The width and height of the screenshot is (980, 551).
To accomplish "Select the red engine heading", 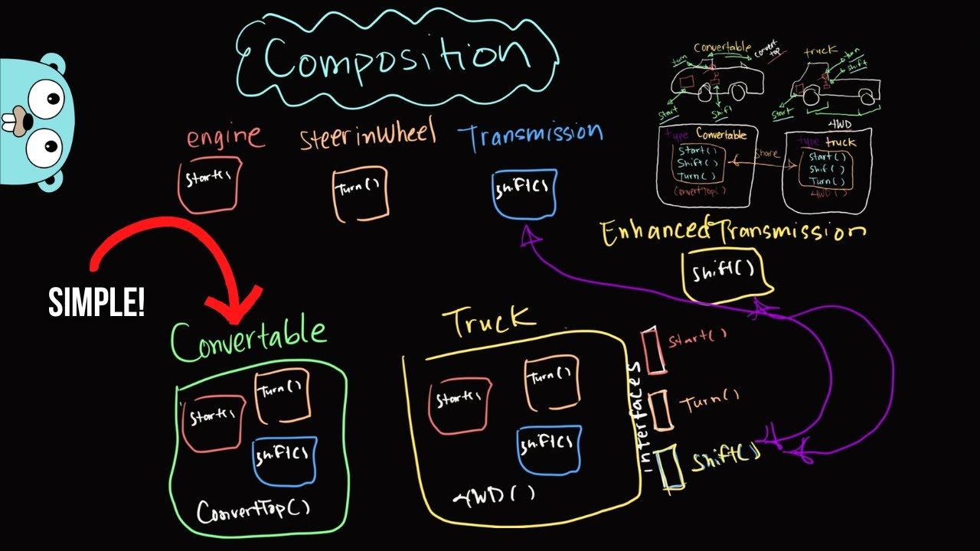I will click(x=224, y=138).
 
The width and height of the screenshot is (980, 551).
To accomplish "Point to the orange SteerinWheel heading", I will click(x=367, y=135).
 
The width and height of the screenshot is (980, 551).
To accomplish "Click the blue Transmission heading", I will click(x=530, y=135).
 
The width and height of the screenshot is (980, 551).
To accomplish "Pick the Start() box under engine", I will click(x=209, y=184).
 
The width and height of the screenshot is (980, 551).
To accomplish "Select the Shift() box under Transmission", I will click(x=524, y=193).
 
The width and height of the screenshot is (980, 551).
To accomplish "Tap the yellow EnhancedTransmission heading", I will click(x=733, y=232).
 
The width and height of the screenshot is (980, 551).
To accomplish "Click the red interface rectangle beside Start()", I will click(x=655, y=350).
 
